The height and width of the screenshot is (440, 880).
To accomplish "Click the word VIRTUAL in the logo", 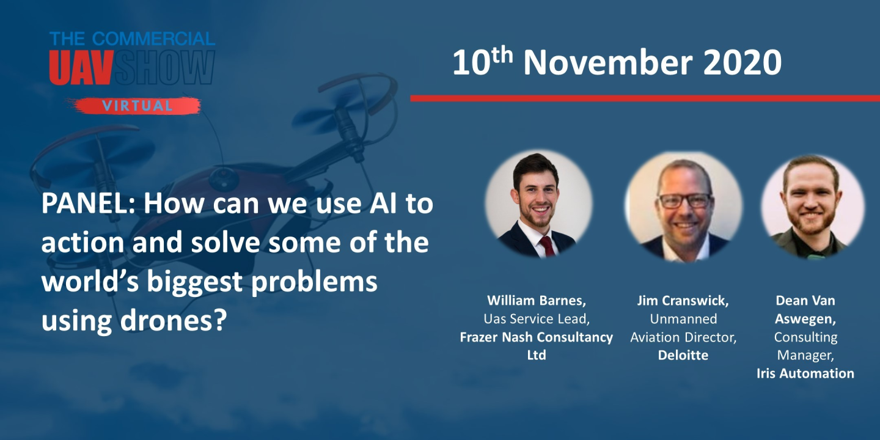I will point(137,106).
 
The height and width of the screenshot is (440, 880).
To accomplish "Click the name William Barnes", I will point(536,301).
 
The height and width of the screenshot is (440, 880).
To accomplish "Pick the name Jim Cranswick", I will point(683,301).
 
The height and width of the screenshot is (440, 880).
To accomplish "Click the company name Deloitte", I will point(683,355).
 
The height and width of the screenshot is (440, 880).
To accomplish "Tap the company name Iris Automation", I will point(805,373).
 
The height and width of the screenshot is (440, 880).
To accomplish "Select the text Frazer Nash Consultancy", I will point(536,337).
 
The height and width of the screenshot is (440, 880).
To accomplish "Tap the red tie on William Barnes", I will point(546,246).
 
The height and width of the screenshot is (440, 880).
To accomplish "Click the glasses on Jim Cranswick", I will point(684,200).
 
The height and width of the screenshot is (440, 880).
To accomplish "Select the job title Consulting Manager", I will point(805,346).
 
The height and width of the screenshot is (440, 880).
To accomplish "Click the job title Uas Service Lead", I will point(535,319).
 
